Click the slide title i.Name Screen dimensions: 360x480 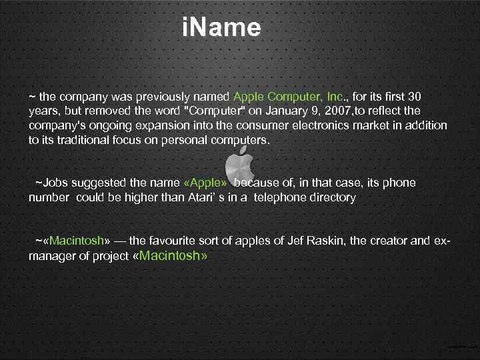(x=221, y=28)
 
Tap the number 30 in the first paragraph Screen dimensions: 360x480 (x=413, y=97)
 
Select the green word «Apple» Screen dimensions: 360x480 (x=205, y=183)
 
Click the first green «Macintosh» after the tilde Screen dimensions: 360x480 (x=77, y=241)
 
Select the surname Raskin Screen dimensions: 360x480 (x=325, y=241)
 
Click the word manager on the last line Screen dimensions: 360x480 (x=51, y=256)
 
